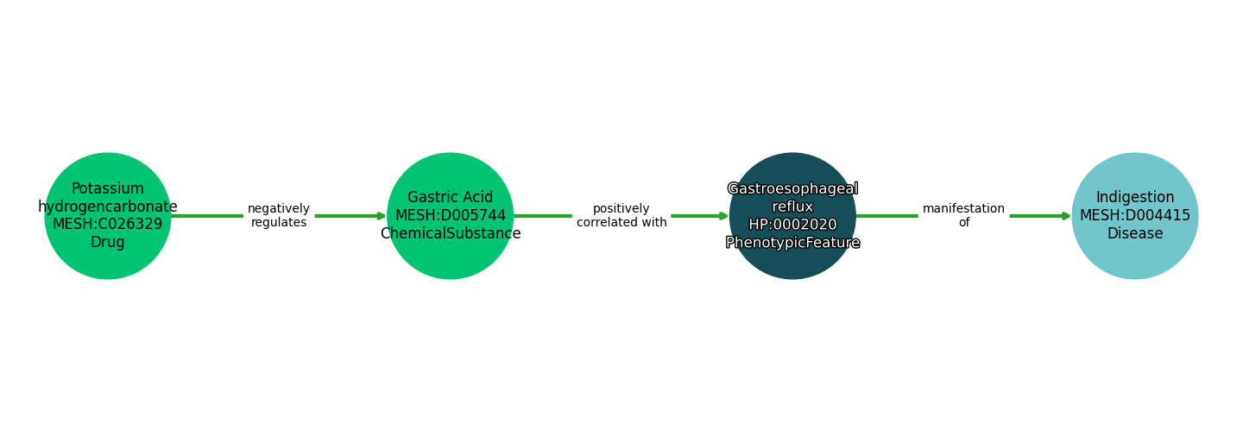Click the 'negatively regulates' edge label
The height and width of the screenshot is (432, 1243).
(x=278, y=216)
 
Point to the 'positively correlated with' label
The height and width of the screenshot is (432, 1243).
(x=621, y=216)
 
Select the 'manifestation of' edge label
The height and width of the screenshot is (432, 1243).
(x=963, y=216)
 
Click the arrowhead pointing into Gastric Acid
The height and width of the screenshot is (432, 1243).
(x=382, y=216)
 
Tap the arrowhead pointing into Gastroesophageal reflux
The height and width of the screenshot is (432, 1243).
(x=724, y=216)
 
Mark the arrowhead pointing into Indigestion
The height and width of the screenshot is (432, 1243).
(x=1066, y=216)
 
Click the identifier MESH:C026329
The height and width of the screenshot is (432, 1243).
(x=108, y=225)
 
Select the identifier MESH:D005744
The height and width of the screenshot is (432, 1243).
(x=450, y=216)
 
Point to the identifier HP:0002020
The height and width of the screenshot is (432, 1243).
(x=792, y=225)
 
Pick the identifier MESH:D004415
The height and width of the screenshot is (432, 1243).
(x=1134, y=216)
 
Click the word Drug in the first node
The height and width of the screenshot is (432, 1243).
(x=108, y=243)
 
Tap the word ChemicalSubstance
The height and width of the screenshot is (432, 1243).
(x=450, y=234)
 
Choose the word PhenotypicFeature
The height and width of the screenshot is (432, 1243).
(x=792, y=243)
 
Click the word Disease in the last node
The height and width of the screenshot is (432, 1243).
(x=1134, y=234)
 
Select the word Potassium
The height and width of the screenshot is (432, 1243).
(x=108, y=188)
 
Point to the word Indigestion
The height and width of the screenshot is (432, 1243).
(x=1134, y=198)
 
